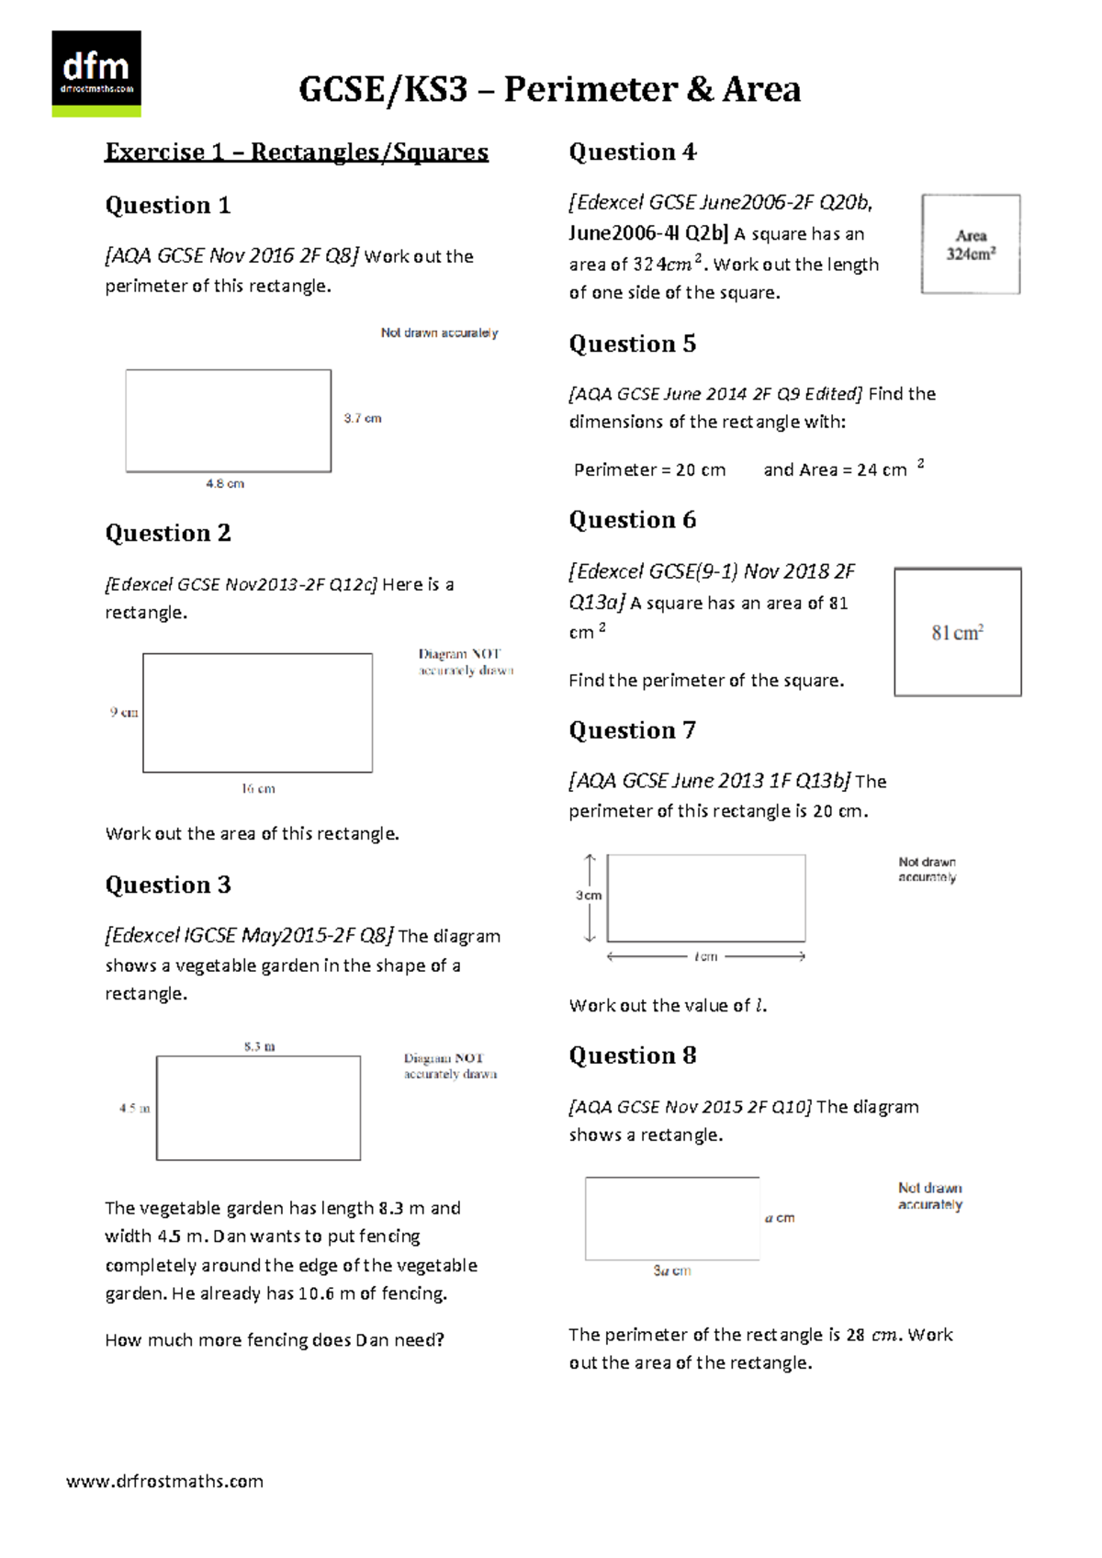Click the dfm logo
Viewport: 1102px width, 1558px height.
[96, 73]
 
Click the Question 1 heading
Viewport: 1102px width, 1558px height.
[167, 205]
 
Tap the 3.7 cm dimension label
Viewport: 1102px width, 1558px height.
[363, 418]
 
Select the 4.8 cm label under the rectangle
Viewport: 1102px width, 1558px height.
[225, 483]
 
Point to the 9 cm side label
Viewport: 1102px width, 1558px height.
[124, 712]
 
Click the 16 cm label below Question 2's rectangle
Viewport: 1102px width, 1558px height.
[258, 788]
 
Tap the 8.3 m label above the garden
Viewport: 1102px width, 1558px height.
[259, 1046]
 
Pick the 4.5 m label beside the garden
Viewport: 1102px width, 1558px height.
[134, 1108]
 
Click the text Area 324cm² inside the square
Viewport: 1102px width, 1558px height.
[971, 245]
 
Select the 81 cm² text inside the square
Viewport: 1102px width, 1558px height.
[957, 633]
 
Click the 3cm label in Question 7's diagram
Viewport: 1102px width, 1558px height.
[589, 895]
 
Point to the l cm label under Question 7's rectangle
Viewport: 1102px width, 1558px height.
[705, 956]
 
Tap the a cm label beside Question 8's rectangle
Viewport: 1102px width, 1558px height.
[780, 1218]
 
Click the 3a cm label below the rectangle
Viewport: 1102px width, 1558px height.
[671, 1270]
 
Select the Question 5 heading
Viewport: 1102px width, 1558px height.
[632, 344]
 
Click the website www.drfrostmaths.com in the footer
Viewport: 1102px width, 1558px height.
[164, 1481]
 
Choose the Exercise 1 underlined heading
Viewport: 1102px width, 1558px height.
[296, 152]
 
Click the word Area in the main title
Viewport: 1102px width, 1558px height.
[761, 89]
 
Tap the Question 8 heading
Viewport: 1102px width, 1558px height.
[632, 1056]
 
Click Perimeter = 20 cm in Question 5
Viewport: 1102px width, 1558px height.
[649, 469]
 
